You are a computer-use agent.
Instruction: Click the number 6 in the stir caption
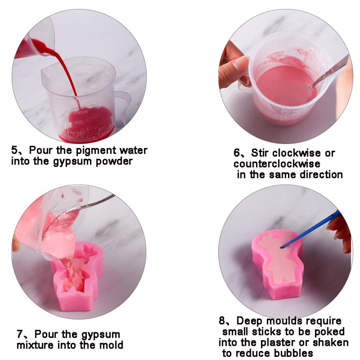[x=237, y=153]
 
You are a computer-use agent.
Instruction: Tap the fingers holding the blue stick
[x=340, y=230]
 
